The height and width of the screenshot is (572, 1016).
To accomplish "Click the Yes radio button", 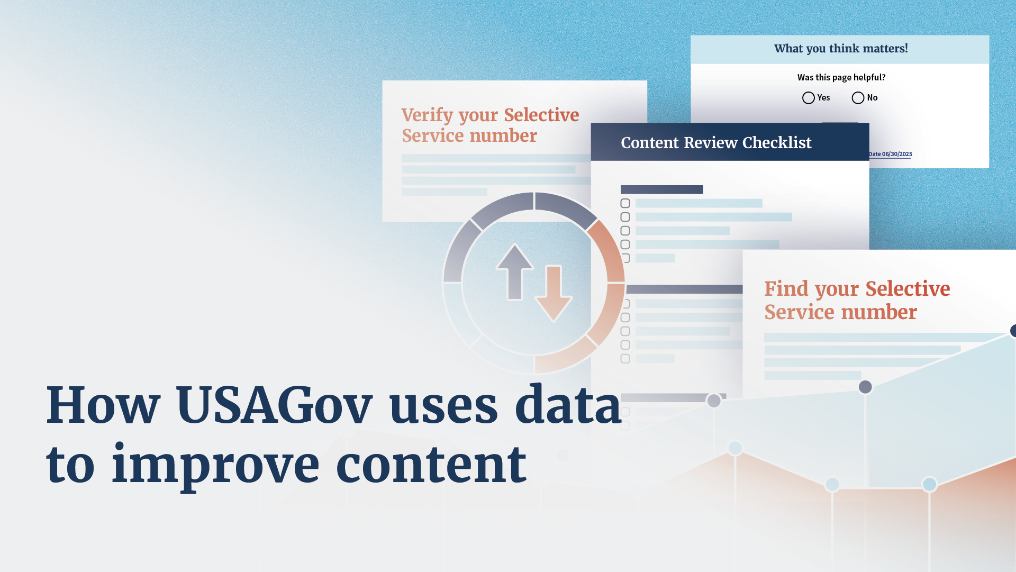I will (808, 98).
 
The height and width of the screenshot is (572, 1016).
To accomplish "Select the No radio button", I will (858, 98).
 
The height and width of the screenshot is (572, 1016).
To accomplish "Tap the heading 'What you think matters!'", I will (841, 49).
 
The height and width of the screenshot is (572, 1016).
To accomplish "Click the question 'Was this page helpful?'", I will (841, 77).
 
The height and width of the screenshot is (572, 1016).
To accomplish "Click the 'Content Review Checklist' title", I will (716, 143).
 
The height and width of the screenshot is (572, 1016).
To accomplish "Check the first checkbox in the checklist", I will (625, 203).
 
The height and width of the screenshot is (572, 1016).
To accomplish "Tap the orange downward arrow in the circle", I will (554, 294).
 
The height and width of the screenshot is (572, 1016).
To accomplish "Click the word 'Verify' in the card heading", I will (427, 115).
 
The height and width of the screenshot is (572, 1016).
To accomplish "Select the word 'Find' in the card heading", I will (786, 289).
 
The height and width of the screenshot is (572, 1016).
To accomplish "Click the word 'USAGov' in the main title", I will (275, 406).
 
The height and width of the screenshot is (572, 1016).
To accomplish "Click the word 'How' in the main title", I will (103, 406).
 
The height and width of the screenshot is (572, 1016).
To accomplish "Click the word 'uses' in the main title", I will (443, 406).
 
